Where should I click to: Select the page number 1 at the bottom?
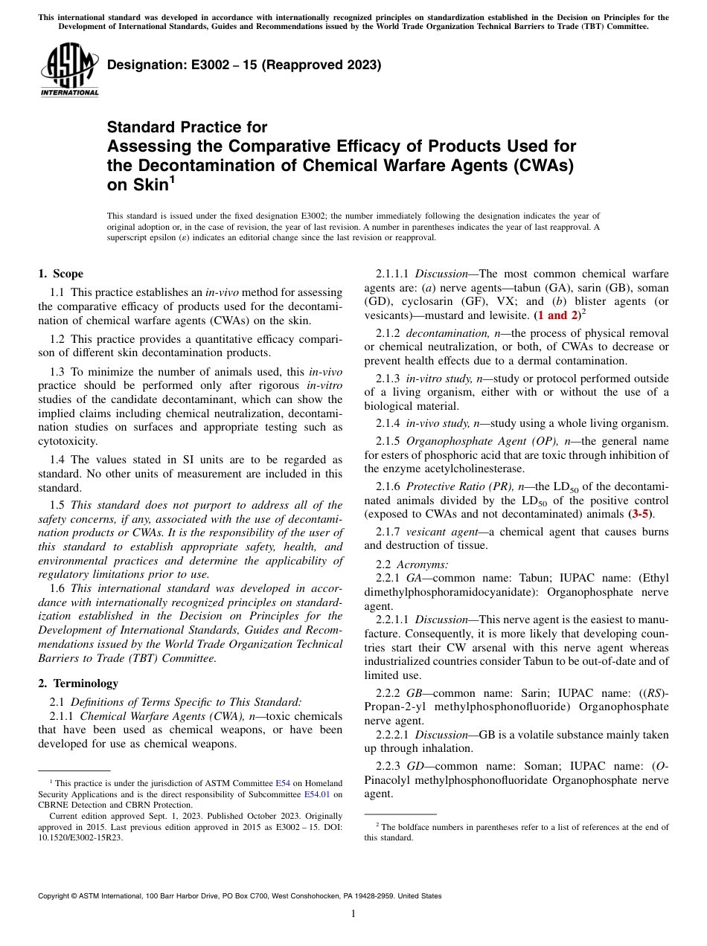(353, 914)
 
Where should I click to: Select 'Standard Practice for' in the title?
(187, 127)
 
